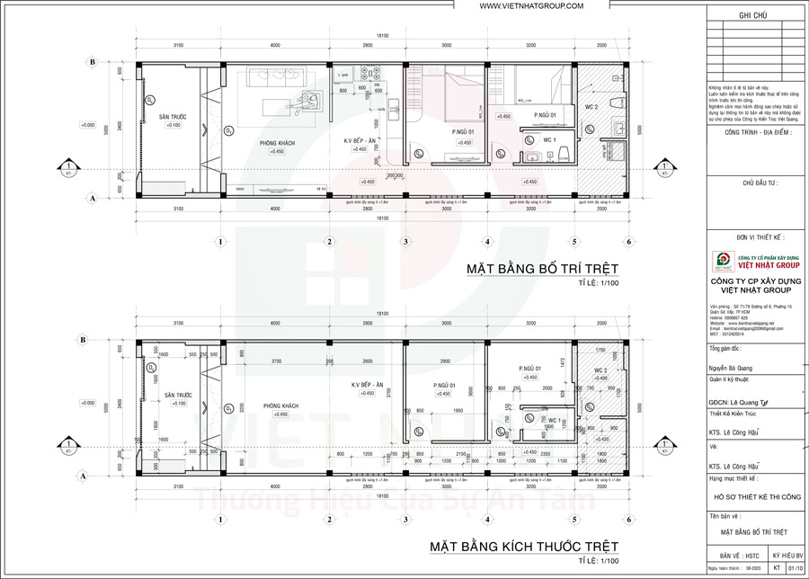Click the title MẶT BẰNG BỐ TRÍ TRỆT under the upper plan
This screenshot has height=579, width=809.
pos(544,269)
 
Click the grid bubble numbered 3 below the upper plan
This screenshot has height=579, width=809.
pos(406,242)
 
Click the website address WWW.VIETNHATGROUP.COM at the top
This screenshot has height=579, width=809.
pos(531,6)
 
